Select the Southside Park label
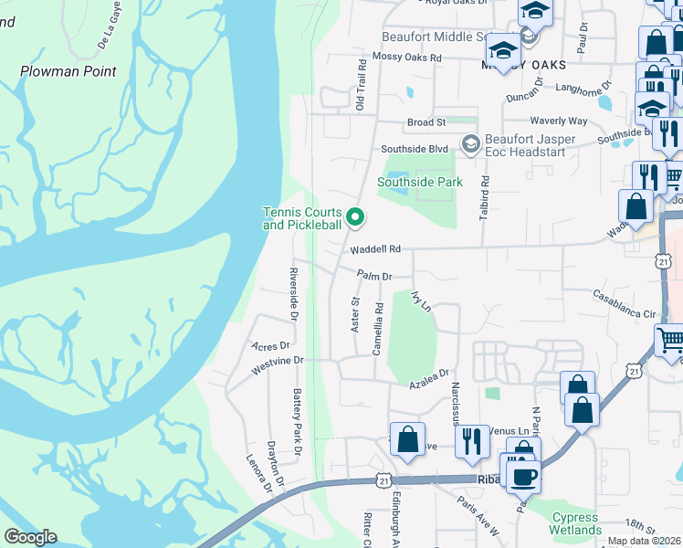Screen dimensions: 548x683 pyautogui.click(x=420, y=182)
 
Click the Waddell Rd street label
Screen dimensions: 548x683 pyautogui.click(x=374, y=248)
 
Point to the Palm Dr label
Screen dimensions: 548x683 pyautogui.click(x=374, y=275)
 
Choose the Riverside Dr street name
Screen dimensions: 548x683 pyautogui.click(x=293, y=295)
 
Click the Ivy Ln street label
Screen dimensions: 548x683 pyautogui.click(x=420, y=302)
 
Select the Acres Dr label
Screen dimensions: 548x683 pyautogui.click(x=269, y=346)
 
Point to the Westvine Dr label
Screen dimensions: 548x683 pyautogui.click(x=276, y=362)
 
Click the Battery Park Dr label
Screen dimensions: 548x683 pyautogui.click(x=297, y=421)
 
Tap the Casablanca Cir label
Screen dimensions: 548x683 pyautogui.click(x=625, y=304)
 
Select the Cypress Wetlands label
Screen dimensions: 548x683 pyautogui.click(x=575, y=523)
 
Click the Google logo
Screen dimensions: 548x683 pyautogui.click(x=30, y=537)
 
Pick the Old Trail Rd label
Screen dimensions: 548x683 pyautogui.click(x=362, y=85)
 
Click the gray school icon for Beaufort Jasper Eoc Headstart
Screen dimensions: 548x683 pyautogui.click(x=470, y=143)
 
